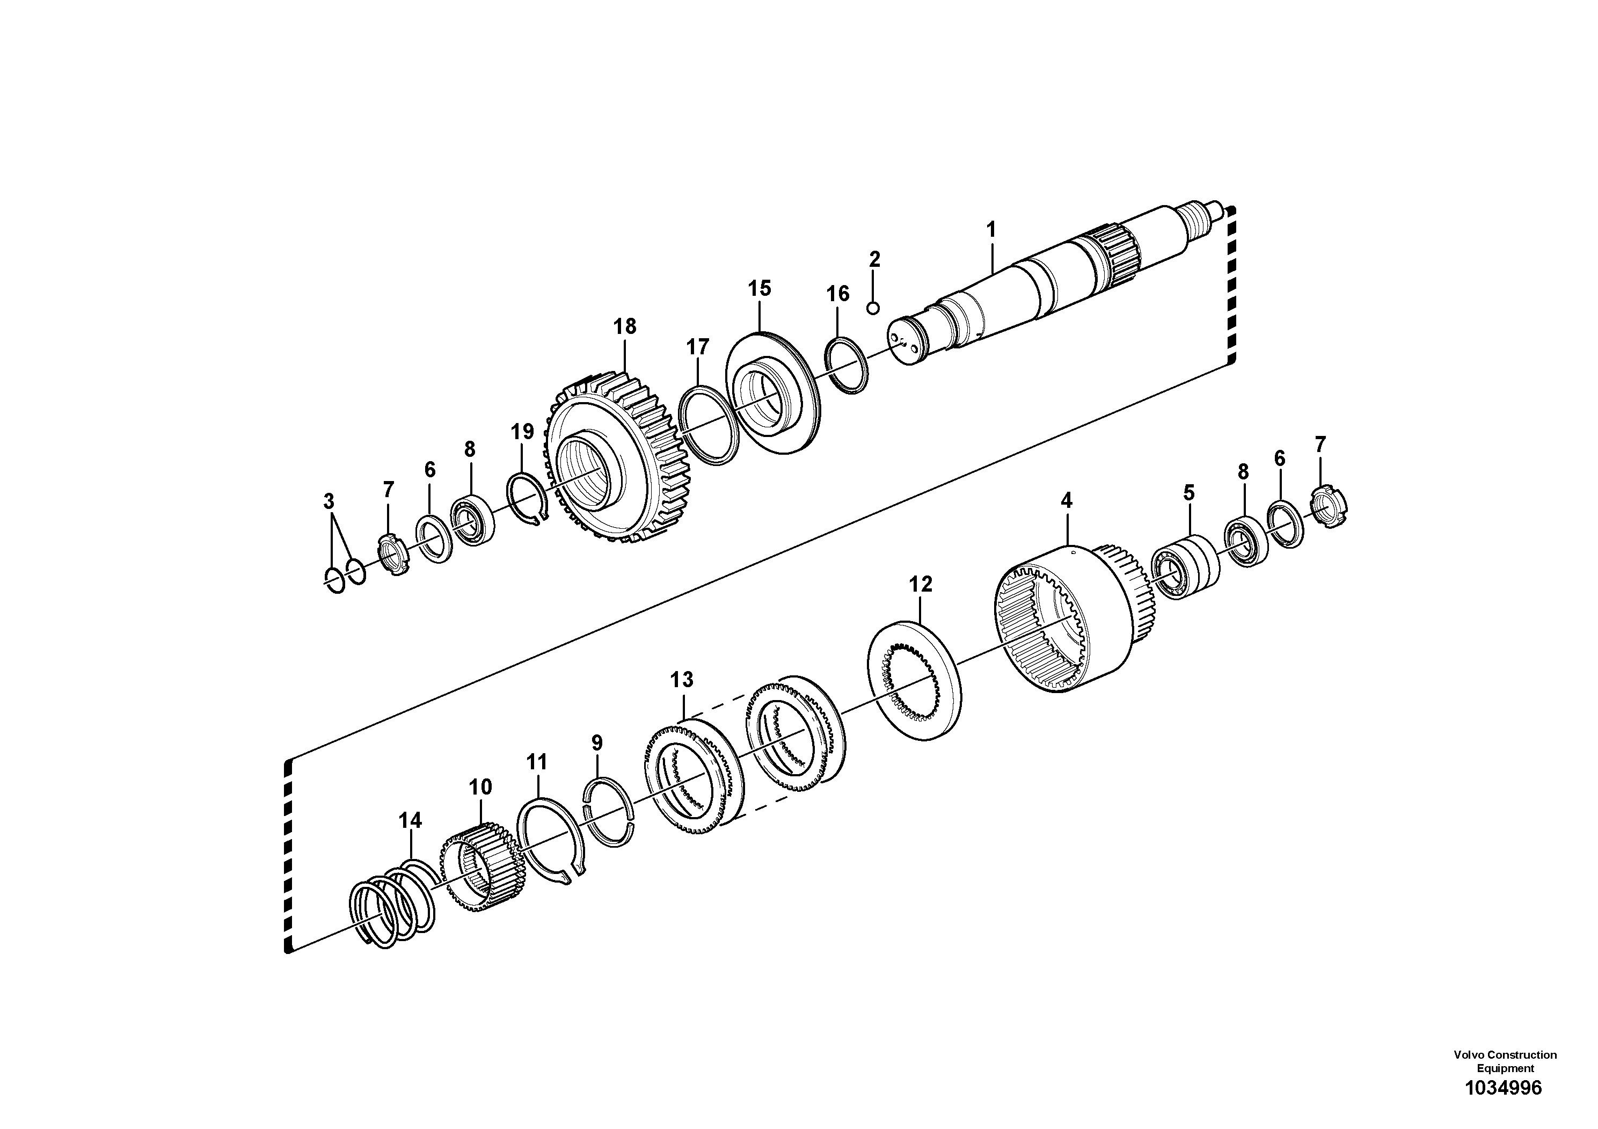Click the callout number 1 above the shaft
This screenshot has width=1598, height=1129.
point(991,229)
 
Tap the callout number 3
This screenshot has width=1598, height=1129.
point(329,501)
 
